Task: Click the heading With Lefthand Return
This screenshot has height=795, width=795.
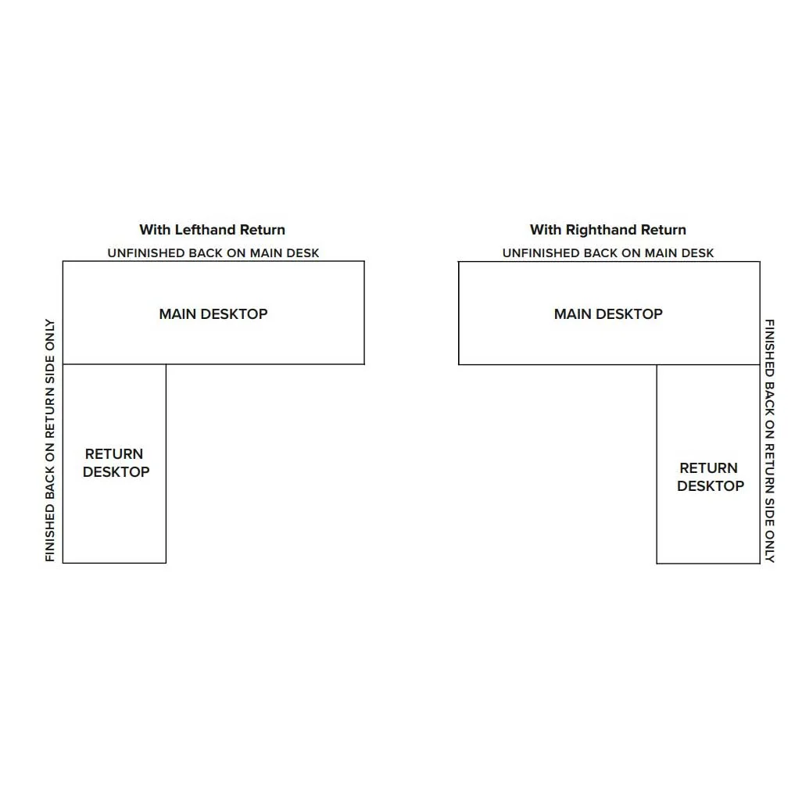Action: [212, 230]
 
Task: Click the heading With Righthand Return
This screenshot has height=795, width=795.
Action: [608, 230]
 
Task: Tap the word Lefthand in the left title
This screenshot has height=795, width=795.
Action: [206, 230]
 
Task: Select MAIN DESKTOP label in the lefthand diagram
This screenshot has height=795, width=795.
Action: [213, 313]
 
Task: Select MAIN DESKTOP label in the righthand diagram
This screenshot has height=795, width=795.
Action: [608, 313]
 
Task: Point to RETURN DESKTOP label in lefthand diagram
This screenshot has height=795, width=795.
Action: [116, 463]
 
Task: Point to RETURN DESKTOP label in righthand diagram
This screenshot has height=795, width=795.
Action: [711, 477]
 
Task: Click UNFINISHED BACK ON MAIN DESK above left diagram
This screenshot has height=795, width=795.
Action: [213, 253]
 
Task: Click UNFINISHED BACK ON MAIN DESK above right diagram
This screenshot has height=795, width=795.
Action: [608, 253]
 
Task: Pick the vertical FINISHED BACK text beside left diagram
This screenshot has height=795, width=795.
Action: [50, 440]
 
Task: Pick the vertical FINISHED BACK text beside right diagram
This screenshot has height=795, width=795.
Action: [770, 441]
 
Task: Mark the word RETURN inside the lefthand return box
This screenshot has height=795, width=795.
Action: [114, 453]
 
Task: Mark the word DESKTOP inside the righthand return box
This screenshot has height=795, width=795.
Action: [711, 485]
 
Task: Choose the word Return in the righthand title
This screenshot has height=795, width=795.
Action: [664, 230]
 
